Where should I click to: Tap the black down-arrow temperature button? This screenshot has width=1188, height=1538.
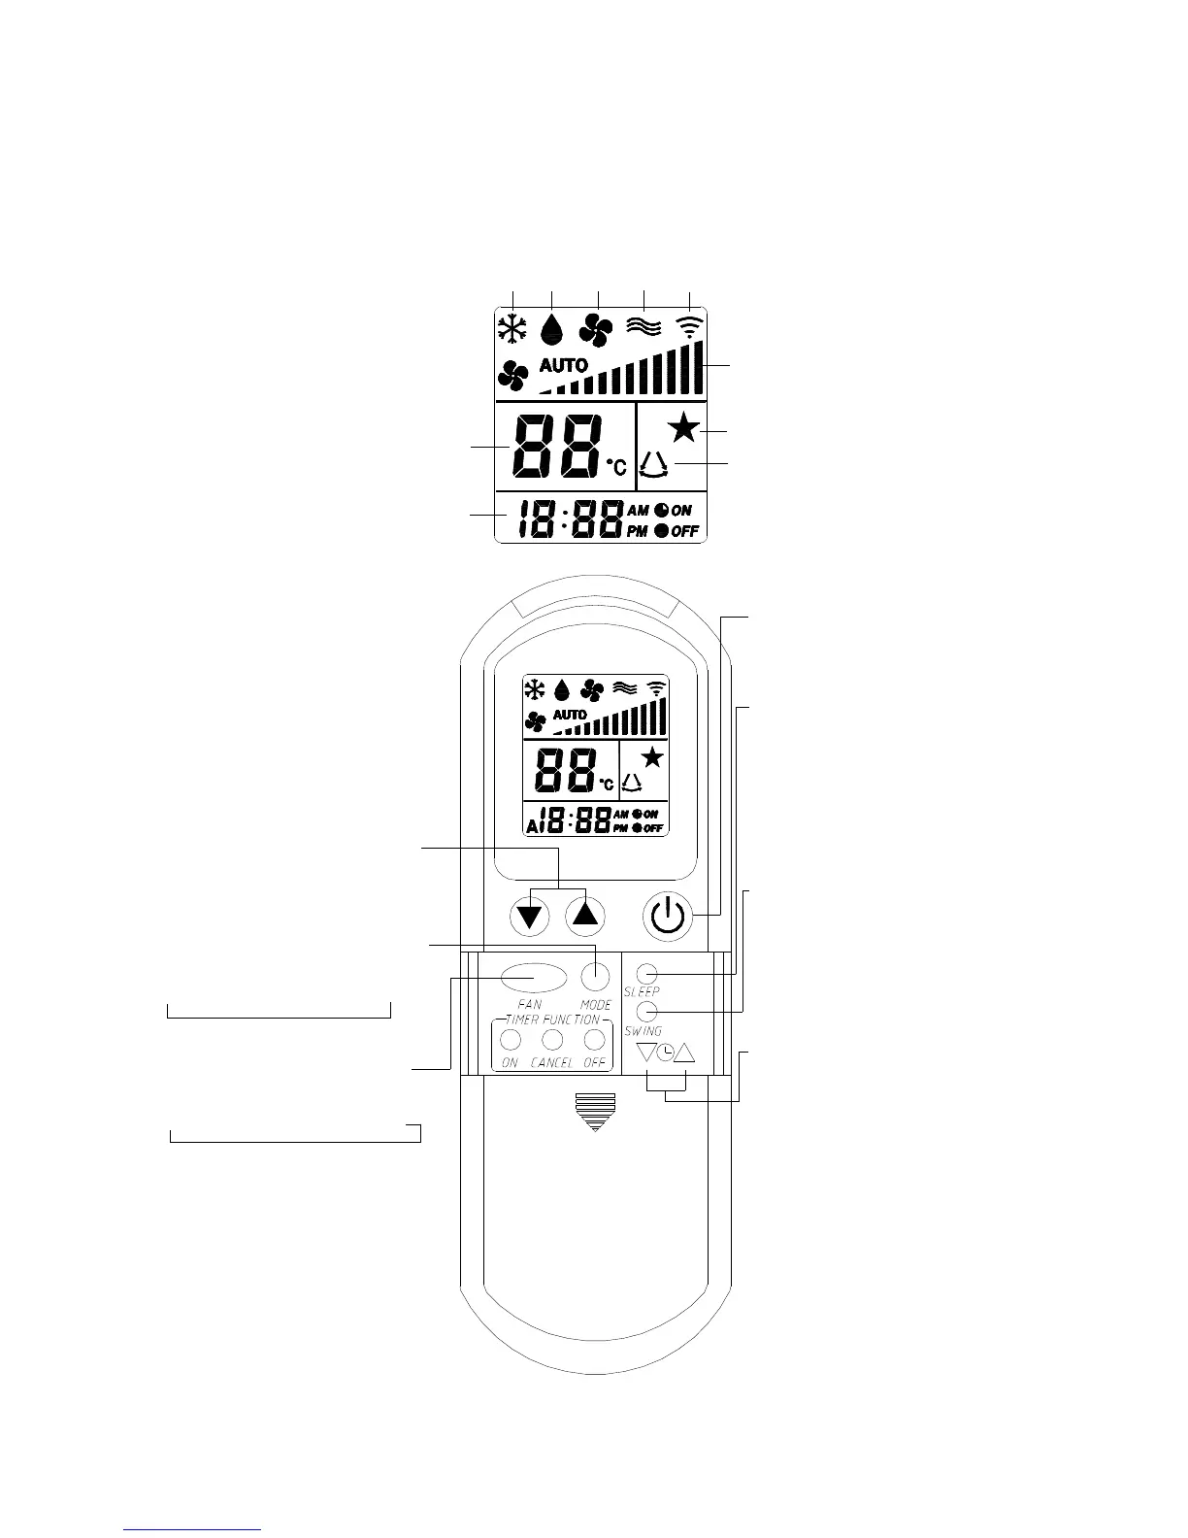click(x=529, y=916)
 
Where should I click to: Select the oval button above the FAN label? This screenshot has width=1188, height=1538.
click(x=534, y=976)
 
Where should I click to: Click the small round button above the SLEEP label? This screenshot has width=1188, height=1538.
click(x=649, y=973)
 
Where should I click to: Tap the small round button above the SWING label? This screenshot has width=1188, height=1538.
click(x=649, y=1012)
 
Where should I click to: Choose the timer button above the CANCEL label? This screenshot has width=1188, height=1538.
click(x=552, y=1041)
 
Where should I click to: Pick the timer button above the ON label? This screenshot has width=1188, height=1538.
click(x=511, y=1041)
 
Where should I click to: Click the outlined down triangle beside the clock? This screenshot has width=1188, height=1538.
click(x=646, y=1053)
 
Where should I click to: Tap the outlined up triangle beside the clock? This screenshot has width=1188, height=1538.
click(x=685, y=1053)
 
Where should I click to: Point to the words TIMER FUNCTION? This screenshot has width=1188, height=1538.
click(x=552, y=1020)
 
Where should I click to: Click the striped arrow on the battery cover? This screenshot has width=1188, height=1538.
click(x=594, y=1111)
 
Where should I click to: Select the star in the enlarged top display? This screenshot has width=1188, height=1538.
click(x=684, y=427)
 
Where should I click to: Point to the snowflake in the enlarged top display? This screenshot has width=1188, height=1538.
click(x=511, y=328)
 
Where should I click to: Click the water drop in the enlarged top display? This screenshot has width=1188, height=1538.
click(x=551, y=328)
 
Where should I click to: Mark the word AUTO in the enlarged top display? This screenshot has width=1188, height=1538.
click(x=563, y=366)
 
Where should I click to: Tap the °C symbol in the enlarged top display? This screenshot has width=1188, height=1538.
click(x=616, y=468)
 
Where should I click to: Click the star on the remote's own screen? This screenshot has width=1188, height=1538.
click(x=652, y=758)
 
